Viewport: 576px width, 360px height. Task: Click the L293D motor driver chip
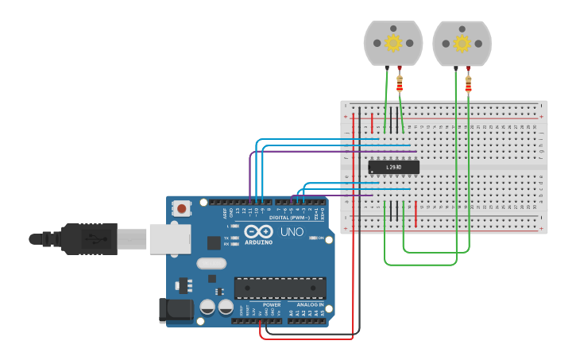(x=393, y=167)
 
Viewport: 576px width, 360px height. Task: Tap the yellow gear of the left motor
(x=392, y=42)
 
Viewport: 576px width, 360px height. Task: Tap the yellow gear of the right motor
(x=462, y=42)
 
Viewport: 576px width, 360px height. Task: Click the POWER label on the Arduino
(x=272, y=304)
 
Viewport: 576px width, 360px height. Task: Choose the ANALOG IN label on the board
(x=310, y=304)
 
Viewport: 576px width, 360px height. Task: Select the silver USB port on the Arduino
(x=168, y=238)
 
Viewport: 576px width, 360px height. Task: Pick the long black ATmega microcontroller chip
(x=280, y=288)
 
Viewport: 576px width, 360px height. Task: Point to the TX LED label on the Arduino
(x=226, y=238)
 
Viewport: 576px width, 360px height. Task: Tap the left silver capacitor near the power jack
(x=207, y=307)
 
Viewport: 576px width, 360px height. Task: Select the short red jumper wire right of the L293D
(x=416, y=213)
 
